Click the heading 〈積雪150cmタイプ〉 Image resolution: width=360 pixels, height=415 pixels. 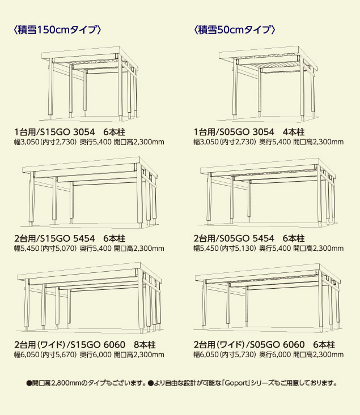point(57,29)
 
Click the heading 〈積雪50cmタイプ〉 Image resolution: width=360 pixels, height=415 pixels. point(234,29)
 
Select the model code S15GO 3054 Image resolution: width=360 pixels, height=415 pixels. point(68,132)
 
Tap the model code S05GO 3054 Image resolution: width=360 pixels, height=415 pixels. point(247,132)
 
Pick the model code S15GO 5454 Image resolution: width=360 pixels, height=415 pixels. point(68,238)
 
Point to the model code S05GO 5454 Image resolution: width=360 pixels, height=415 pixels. point(247,238)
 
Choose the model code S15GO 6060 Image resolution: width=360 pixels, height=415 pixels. point(98,345)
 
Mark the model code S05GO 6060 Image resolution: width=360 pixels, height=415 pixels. point(277,345)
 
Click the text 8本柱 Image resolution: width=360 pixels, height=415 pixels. point(145,345)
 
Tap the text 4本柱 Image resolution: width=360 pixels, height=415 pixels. point(294,132)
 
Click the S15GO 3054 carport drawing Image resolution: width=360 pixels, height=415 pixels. point(90,84)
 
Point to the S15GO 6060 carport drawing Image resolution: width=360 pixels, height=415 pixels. point(90,298)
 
